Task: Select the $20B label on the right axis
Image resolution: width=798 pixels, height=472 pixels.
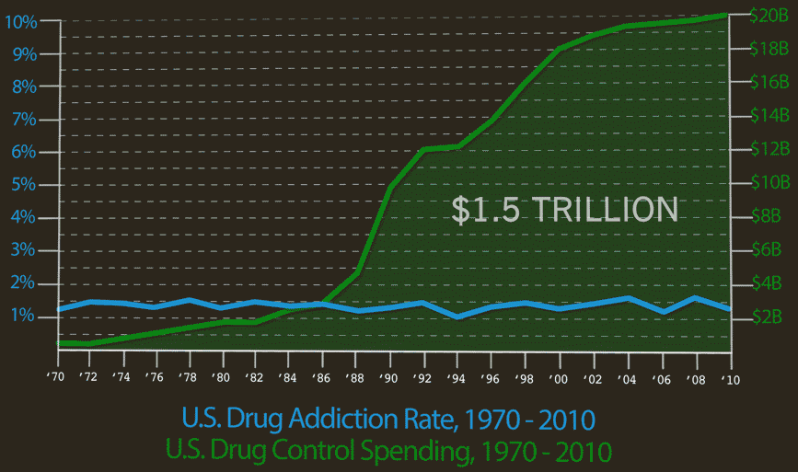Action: pos(766,16)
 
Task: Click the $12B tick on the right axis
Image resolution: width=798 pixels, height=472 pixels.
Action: pos(766,148)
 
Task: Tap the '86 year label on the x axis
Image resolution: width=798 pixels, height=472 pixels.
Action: pos(320,377)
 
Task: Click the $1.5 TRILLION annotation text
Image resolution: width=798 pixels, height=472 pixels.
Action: pos(564,210)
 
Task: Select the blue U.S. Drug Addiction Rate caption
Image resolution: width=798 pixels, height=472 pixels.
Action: pos(387,420)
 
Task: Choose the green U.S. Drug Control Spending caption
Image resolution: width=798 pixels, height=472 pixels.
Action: pos(387,451)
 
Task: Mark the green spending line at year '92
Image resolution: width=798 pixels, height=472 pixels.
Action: pos(422,149)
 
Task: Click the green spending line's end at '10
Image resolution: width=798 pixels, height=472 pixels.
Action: pos(727,14)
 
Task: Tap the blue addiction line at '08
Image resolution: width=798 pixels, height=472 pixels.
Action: pos(695,298)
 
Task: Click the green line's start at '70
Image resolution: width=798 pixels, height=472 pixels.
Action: pos(59,343)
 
